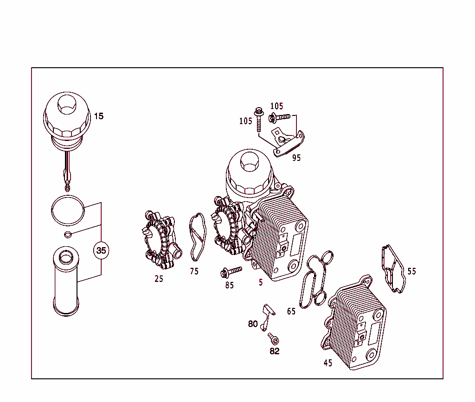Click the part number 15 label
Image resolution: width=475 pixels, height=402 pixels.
[x=99, y=116]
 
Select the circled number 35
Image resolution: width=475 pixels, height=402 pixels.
[x=101, y=250]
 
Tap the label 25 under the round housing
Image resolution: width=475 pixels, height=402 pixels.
[x=159, y=279]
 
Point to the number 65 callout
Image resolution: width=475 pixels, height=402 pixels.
[x=291, y=311]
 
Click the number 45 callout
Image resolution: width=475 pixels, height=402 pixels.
[x=328, y=363]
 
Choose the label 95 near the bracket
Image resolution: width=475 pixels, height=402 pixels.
[x=296, y=158]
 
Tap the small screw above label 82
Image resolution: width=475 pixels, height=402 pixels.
[x=272, y=337]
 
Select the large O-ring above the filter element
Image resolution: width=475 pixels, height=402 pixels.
[x=68, y=209]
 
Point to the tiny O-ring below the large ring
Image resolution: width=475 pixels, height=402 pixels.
[x=68, y=233]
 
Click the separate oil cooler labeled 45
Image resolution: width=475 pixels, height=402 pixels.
[x=355, y=325]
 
